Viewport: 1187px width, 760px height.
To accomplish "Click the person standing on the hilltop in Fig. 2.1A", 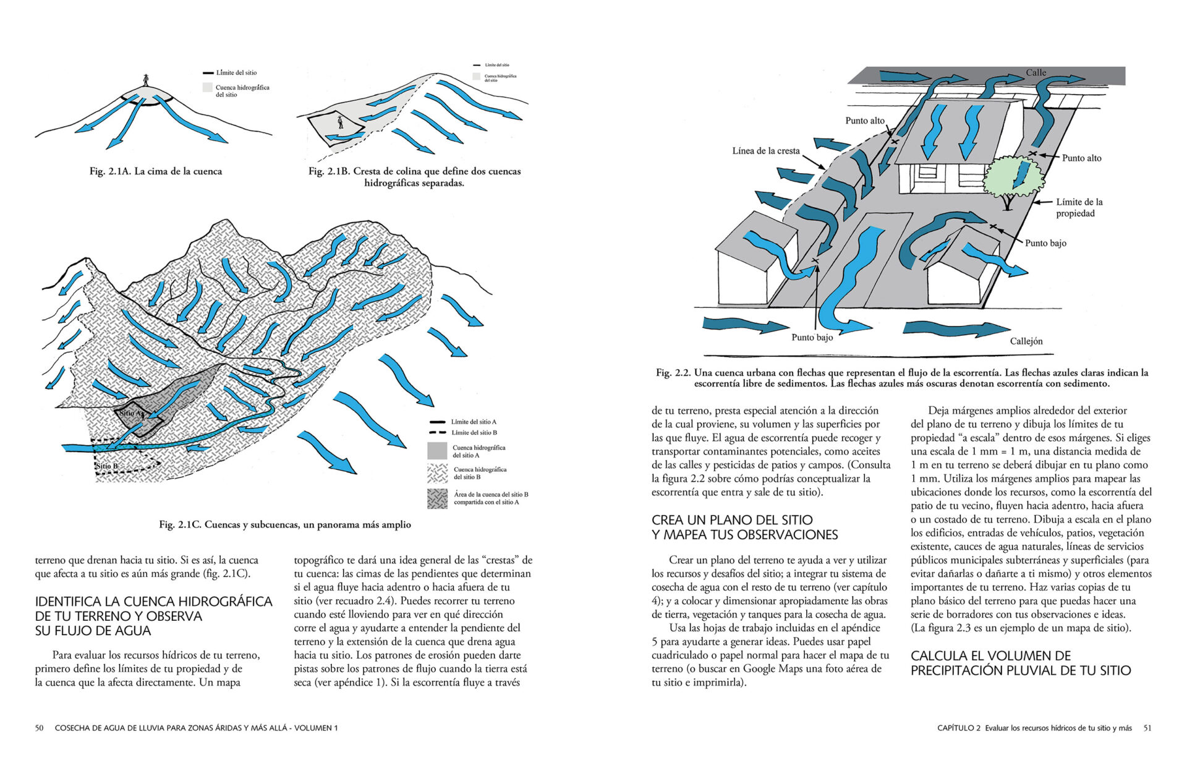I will tap(146, 80).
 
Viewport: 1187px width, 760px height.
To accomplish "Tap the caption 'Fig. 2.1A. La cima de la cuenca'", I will tap(156, 171).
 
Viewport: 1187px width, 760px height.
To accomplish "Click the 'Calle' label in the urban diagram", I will tap(1036, 73).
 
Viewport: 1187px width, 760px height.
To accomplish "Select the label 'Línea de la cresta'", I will tap(765, 151).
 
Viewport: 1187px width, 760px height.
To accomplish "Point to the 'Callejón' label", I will tap(1026, 341).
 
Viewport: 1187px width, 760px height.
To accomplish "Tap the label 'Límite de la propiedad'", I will tap(1079, 208).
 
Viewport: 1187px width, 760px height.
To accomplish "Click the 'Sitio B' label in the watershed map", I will tap(106, 466).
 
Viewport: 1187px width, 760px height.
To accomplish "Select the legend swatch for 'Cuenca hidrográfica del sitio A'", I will tap(437, 451).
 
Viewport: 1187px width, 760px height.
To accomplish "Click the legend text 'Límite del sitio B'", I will tap(474, 433).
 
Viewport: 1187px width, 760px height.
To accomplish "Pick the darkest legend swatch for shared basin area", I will tap(437, 498).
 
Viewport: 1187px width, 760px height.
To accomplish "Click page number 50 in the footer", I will tap(39, 728).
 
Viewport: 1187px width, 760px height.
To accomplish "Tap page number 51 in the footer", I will tap(1147, 728).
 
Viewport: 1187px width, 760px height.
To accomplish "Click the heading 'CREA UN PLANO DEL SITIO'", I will tap(732, 520).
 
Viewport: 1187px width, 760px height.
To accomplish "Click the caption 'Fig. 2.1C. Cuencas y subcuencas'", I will tap(285, 524).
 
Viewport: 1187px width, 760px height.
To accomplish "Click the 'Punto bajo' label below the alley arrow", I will tap(812, 338).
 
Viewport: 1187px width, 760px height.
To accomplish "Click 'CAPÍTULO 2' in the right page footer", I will tap(959, 728).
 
